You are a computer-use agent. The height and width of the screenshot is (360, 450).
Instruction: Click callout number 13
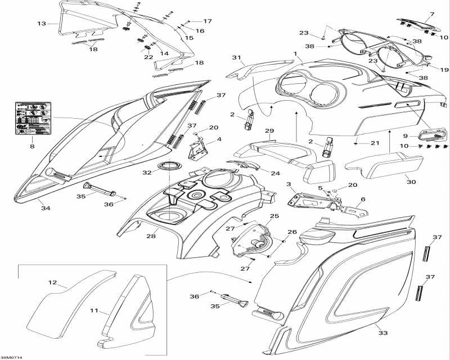(x=41, y=24)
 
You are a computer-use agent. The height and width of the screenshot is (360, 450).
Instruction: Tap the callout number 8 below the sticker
(x=32, y=147)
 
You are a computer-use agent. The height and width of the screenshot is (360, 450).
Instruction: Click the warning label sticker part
(x=32, y=118)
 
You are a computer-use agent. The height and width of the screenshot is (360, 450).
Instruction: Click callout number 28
(x=151, y=236)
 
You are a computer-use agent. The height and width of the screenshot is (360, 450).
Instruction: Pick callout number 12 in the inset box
(x=52, y=282)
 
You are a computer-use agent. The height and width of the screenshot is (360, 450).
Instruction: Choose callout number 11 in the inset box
(x=94, y=310)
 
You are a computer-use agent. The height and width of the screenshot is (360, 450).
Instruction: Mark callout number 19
(x=444, y=70)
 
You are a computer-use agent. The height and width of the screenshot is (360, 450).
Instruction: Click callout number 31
(x=237, y=58)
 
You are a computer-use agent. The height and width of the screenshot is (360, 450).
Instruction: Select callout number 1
(x=295, y=53)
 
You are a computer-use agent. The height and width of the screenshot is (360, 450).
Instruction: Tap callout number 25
(x=274, y=216)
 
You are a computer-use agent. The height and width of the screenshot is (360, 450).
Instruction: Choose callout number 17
(x=208, y=21)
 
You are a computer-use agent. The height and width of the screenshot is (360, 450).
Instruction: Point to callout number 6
(x=363, y=199)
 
